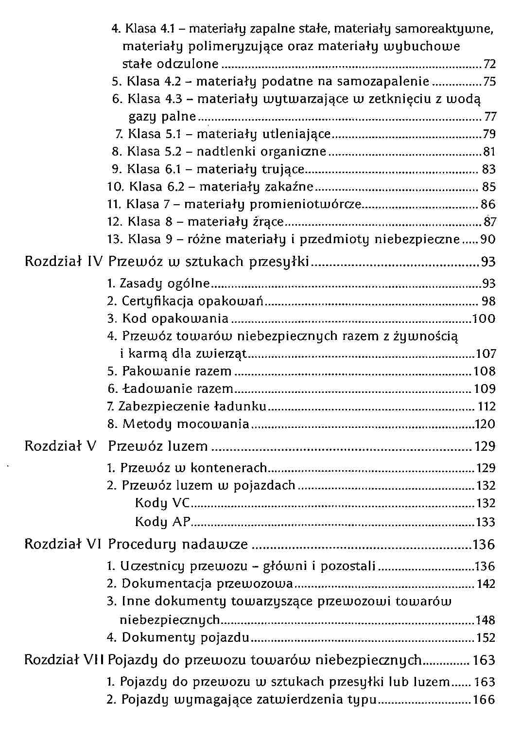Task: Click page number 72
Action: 490,64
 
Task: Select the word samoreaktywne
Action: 444,29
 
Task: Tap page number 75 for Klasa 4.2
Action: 490,82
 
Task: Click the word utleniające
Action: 296,134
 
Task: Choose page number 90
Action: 488,239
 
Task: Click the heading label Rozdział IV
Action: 64,262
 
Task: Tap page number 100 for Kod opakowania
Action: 484,319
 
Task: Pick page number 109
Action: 485,389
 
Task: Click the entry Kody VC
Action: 162,503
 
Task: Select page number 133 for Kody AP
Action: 485,522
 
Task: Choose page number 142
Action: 486,584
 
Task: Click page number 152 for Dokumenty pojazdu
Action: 486,637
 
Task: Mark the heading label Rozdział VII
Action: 65,660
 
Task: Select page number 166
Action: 484,700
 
